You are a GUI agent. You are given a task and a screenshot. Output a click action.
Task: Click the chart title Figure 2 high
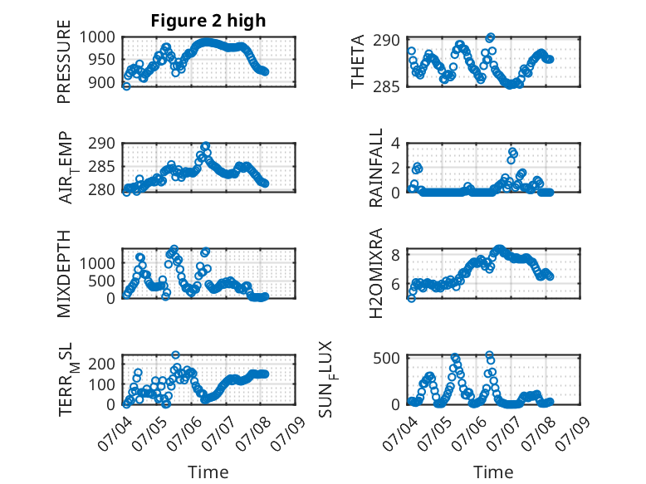click(x=208, y=21)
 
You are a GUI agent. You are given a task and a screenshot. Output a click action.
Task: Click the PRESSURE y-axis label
click(x=64, y=61)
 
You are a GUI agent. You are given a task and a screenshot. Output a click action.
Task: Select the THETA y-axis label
click(x=358, y=61)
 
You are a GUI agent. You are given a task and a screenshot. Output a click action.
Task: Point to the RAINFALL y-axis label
click(x=376, y=168)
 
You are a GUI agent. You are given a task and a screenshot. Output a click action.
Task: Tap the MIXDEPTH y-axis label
click(x=64, y=273)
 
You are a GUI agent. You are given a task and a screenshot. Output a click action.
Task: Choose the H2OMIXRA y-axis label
click(x=376, y=273)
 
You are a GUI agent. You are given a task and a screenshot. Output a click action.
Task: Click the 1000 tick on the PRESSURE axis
click(x=97, y=37)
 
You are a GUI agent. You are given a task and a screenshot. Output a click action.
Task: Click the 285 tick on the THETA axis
click(x=386, y=87)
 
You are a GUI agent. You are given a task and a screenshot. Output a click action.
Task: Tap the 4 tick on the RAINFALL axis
click(x=395, y=144)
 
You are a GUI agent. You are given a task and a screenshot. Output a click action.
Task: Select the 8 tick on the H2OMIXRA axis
click(x=395, y=255)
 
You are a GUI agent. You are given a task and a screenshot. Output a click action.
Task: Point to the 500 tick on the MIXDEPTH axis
click(x=102, y=281)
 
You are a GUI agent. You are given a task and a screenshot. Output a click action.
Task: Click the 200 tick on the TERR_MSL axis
click(x=102, y=364)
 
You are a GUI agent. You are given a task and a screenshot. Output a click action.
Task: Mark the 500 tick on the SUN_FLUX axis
click(x=386, y=358)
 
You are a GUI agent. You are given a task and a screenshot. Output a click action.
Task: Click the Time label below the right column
click(x=493, y=472)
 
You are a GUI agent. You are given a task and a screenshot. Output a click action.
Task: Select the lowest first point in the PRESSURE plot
click(x=126, y=86)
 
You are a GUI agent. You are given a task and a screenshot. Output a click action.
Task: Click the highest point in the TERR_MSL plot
click(x=175, y=355)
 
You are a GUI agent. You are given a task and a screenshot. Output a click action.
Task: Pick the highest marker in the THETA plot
click(x=490, y=37)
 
